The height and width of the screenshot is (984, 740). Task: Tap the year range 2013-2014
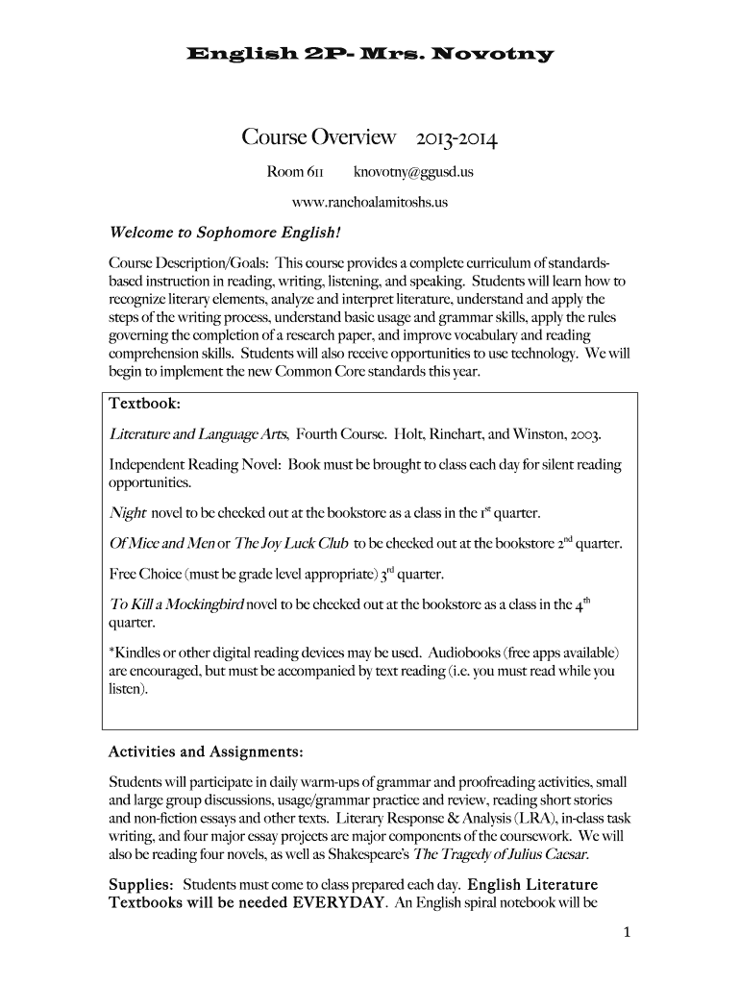tap(456, 139)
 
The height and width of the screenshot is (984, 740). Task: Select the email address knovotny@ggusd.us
tap(413, 173)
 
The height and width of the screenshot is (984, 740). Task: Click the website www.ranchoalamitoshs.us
tap(370, 203)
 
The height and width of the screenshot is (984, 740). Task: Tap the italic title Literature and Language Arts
tap(200, 433)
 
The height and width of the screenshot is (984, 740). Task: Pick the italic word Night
tap(128, 511)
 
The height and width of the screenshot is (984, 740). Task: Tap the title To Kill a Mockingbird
tap(178, 606)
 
